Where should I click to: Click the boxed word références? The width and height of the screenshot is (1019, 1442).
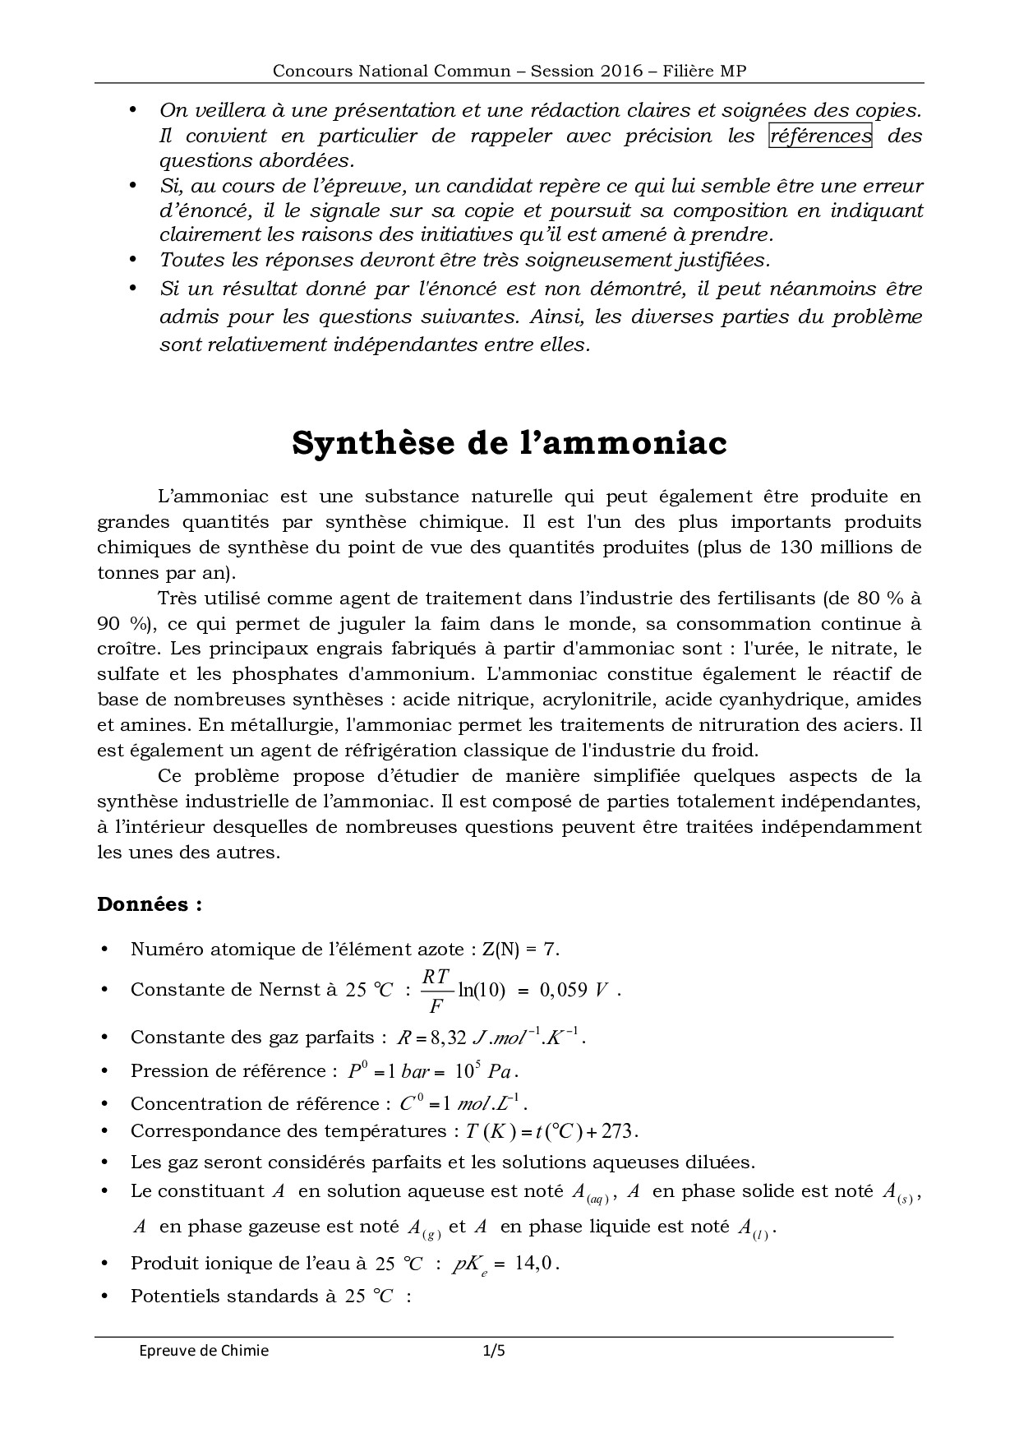(819, 136)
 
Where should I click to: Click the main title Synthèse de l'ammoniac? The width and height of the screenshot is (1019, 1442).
(509, 443)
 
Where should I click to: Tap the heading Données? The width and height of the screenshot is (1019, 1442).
(150, 904)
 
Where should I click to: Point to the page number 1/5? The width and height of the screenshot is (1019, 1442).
(493, 1350)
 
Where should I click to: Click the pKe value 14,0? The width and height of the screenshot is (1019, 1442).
(537, 1263)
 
